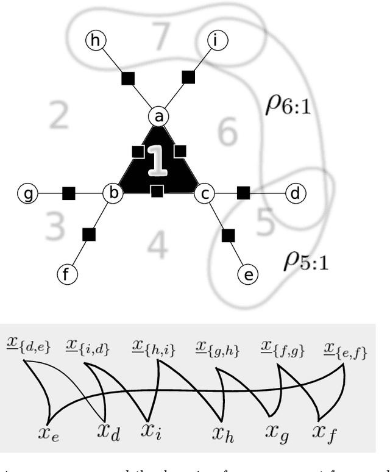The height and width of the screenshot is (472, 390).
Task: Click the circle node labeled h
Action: pyautogui.click(x=95, y=41)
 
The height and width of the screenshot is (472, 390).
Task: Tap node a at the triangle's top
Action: pyautogui.click(x=158, y=116)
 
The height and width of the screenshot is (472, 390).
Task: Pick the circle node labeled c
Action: pyautogui.click(x=205, y=194)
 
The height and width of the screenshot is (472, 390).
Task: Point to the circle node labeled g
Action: pyautogui.click(x=27, y=194)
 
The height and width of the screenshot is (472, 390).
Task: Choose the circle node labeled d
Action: pyautogui.click(x=295, y=194)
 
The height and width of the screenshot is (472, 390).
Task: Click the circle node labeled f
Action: pyautogui.click(x=67, y=275)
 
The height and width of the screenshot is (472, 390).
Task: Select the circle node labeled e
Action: pyautogui.click(x=248, y=275)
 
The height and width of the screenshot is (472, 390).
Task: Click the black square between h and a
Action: pyautogui.click(x=127, y=78)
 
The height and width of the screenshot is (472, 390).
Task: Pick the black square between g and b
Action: pyautogui.click(x=68, y=194)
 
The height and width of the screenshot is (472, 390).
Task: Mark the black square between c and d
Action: pyautogui.click(x=243, y=193)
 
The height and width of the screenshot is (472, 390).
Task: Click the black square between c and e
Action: pyautogui.click(x=228, y=234)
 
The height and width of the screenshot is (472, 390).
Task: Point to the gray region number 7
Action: pyautogui.click(x=160, y=38)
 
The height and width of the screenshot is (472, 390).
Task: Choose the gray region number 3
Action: pyautogui.click(x=55, y=226)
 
